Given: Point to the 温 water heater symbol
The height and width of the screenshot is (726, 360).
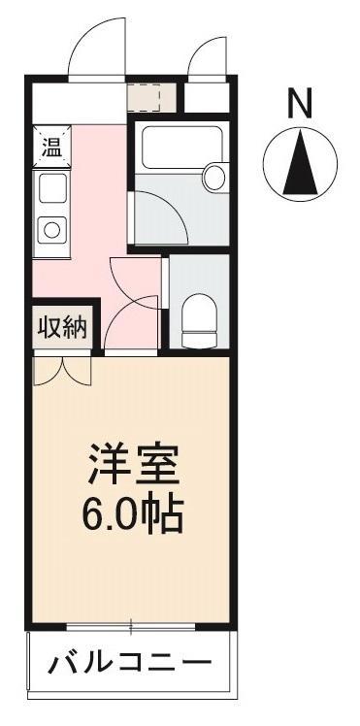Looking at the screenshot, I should tap(49, 148).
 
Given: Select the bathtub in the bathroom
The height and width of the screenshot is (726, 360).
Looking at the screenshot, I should tap(175, 151).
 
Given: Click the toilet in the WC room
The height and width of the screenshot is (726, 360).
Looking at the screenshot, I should tap(201, 318).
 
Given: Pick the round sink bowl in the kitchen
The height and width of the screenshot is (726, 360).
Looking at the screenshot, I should tap(50, 230).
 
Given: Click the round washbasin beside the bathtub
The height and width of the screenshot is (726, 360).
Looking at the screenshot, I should tap(213, 177).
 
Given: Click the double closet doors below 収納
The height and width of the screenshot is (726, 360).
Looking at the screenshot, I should tap(61, 369).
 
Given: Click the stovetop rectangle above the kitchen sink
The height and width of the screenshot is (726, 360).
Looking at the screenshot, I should tap(50, 186).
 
